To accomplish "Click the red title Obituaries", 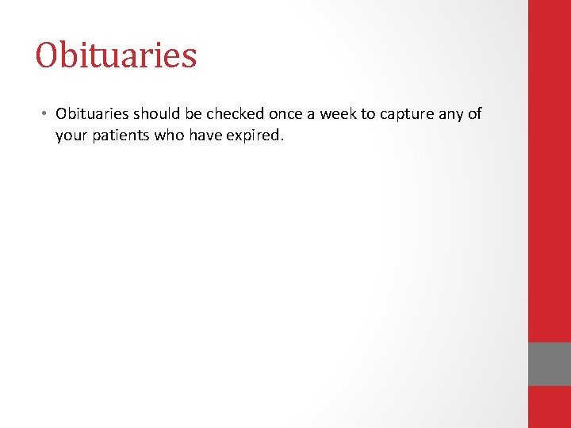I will [116, 55].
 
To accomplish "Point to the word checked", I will [233, 113].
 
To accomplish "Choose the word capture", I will [408, 114].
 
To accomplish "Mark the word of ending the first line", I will [474, 113].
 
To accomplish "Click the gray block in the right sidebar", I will [550, 364].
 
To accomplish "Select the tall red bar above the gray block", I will [550, 170].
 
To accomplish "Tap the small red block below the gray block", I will [550, 407].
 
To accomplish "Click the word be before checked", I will [194, 113].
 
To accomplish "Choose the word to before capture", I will [368, 113].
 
